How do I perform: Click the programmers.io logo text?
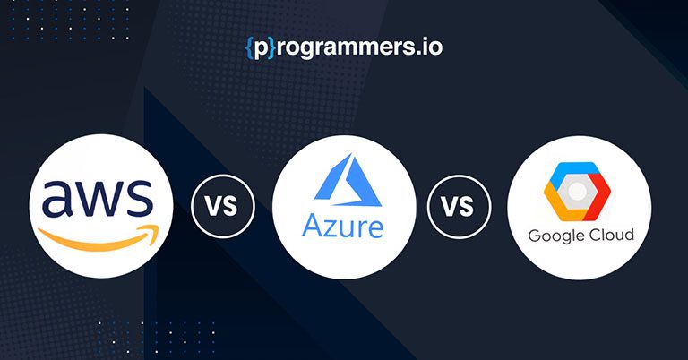344,47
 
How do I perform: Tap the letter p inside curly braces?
261,49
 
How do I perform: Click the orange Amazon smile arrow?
99,237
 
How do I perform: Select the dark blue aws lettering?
98,198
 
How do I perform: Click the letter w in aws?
101,199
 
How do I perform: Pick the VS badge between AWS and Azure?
223,206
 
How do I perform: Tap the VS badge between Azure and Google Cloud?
459,207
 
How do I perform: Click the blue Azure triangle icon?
348,180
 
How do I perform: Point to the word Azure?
343,226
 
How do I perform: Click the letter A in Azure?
313,226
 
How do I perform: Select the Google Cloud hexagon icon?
578,191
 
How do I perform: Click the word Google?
555,236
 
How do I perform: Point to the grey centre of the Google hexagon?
578,191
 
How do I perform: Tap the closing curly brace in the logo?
272,47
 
